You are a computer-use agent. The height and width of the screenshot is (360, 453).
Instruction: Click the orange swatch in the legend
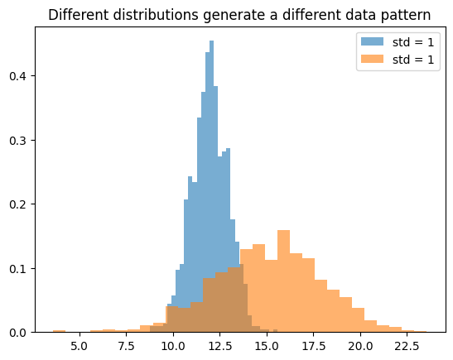point(371,60)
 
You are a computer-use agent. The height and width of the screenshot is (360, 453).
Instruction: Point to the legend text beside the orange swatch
point(413,60)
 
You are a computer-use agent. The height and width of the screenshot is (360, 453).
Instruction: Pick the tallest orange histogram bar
point(283,281)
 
